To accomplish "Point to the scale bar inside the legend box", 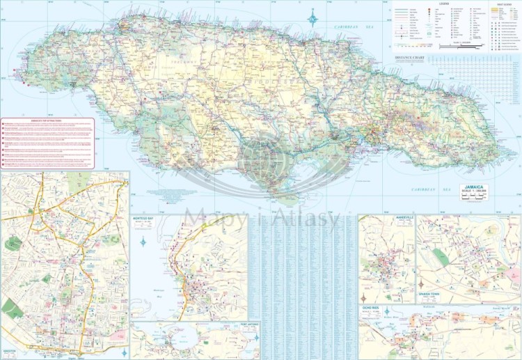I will point(470,45).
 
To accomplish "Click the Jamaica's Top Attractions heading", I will point(47,120).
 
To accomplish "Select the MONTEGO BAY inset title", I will point(148,218).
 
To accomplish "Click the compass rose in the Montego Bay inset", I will point(143,242).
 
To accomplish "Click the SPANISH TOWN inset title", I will point(432,293).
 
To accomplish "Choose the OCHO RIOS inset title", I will point(370,307).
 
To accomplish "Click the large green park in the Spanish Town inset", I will point(440,258).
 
